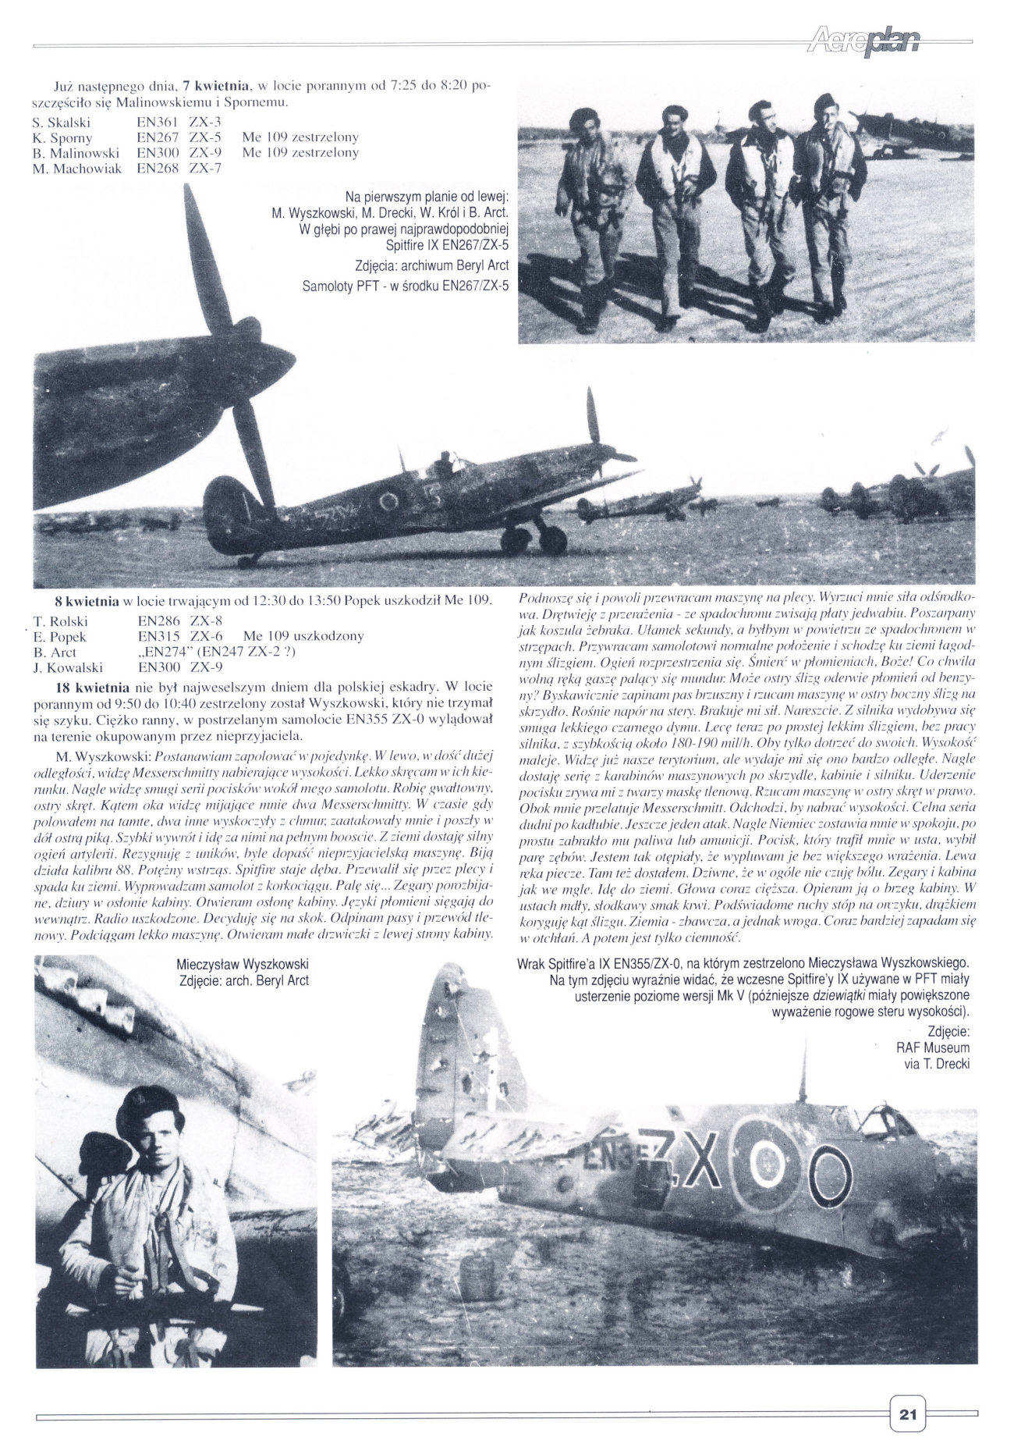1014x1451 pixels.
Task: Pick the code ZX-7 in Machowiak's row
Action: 206,168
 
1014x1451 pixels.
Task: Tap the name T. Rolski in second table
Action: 60,621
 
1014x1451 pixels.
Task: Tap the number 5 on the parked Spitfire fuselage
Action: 434,500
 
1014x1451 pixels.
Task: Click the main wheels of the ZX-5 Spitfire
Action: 534,539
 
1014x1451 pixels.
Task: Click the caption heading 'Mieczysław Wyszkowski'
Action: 243,964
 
